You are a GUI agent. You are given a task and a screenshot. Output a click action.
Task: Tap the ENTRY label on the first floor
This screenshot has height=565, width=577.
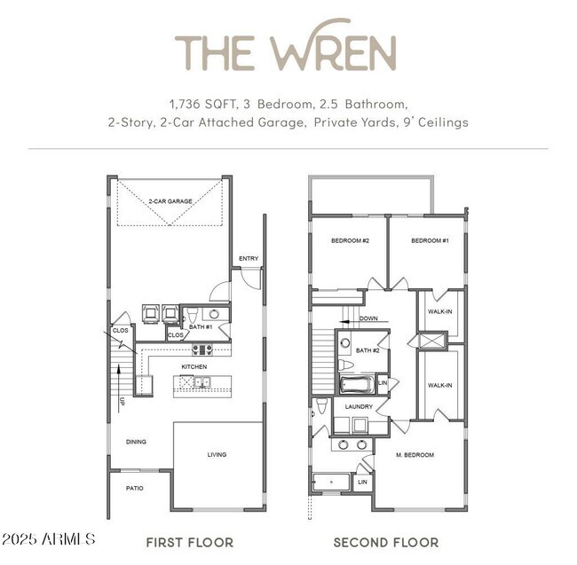pos(248,259)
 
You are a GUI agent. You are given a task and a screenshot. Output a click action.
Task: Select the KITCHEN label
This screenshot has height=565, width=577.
pos(194,366)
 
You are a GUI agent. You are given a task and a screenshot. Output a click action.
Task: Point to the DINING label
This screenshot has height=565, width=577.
pos(136,441)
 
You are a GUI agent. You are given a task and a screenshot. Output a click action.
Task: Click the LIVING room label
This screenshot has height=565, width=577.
pos(217,454)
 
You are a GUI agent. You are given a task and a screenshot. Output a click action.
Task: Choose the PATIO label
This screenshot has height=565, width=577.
pos(134,488)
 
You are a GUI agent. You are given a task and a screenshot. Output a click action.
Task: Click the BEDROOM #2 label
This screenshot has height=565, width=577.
pos(350,241)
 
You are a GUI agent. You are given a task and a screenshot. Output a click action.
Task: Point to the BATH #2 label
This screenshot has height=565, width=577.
pos(368,350)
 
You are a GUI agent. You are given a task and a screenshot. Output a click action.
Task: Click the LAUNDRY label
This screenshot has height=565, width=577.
pos(359,406)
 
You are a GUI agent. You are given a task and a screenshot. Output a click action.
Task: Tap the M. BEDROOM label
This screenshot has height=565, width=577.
pos(415,455)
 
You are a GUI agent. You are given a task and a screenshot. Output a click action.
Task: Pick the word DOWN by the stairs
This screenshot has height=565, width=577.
pos(368,318)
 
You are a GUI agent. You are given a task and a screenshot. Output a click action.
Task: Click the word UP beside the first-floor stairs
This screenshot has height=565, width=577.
pos(123,401)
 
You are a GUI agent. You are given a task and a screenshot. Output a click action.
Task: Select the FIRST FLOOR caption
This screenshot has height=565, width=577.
pos(189,541)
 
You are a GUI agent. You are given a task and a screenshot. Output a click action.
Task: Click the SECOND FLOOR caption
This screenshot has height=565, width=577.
pos(386,541)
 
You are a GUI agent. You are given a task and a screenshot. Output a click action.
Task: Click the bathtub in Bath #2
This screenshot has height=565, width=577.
pos(357,384)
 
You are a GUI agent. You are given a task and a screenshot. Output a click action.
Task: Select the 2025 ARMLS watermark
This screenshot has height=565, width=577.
pos(48,539)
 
